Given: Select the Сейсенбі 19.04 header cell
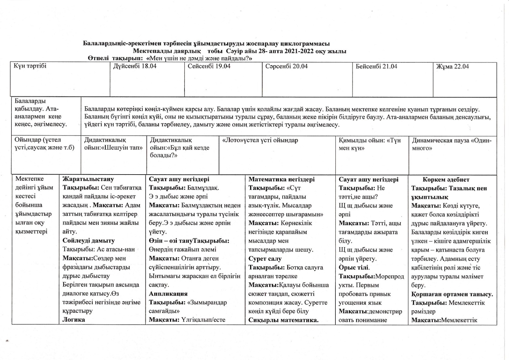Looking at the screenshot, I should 209,66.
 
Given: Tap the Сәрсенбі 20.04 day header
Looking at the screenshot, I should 286,66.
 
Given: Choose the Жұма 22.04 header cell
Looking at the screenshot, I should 452,67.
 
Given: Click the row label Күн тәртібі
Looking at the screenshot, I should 30,66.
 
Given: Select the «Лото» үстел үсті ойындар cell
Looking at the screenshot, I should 260,140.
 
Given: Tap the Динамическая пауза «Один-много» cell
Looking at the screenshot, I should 452,144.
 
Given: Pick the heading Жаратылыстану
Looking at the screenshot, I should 88,179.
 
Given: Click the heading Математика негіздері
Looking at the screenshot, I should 281,179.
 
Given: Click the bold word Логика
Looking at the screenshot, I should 73,320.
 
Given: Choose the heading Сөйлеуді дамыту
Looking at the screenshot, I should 89,241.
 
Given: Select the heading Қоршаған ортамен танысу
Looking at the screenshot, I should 452,294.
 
